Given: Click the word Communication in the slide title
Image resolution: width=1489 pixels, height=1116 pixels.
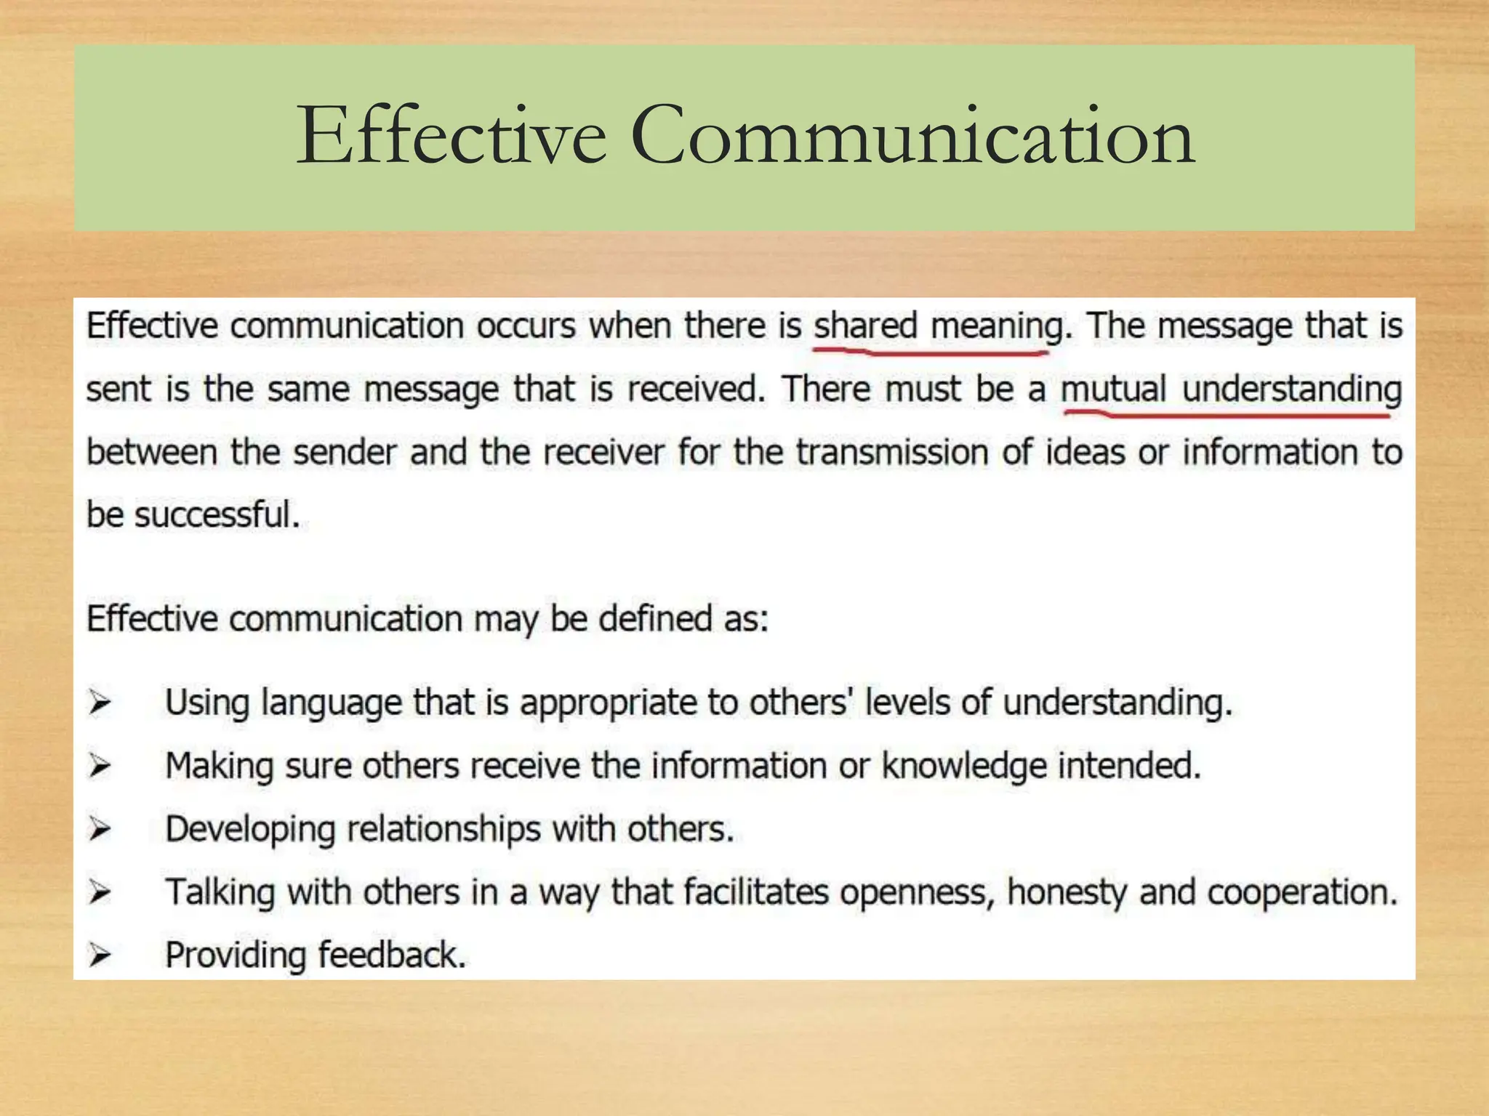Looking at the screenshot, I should pos(912,136).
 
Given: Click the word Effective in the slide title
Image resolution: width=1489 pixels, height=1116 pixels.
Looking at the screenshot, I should pos(451,136).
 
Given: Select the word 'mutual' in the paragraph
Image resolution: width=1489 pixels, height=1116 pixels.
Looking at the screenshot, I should pos(1113,389).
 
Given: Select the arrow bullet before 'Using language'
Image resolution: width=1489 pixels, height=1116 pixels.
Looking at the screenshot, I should pos(100,703).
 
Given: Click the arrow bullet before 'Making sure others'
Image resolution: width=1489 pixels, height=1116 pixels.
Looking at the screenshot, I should pos(100,766).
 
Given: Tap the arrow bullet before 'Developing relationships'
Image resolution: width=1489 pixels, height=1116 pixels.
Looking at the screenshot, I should pos(100,829).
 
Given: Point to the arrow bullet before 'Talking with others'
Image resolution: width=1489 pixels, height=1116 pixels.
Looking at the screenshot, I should pos(100,892).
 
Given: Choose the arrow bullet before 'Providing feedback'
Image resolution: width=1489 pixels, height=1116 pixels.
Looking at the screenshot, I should pos(100,955).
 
